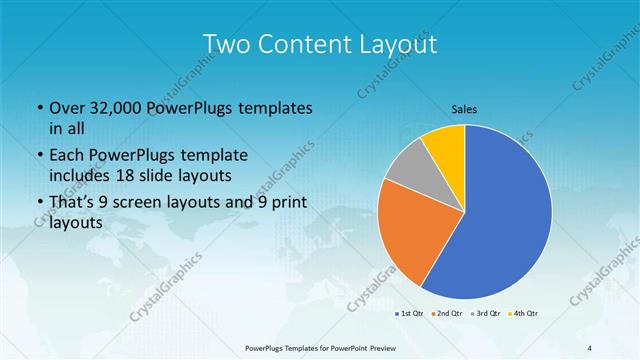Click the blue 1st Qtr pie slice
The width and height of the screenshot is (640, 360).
pos(500,220)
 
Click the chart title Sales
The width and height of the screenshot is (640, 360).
pos(463,108)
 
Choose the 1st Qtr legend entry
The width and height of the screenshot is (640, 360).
pos(410,314)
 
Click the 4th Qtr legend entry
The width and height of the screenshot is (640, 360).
pos(525,314)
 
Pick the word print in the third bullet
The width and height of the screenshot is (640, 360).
pos(284,203)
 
